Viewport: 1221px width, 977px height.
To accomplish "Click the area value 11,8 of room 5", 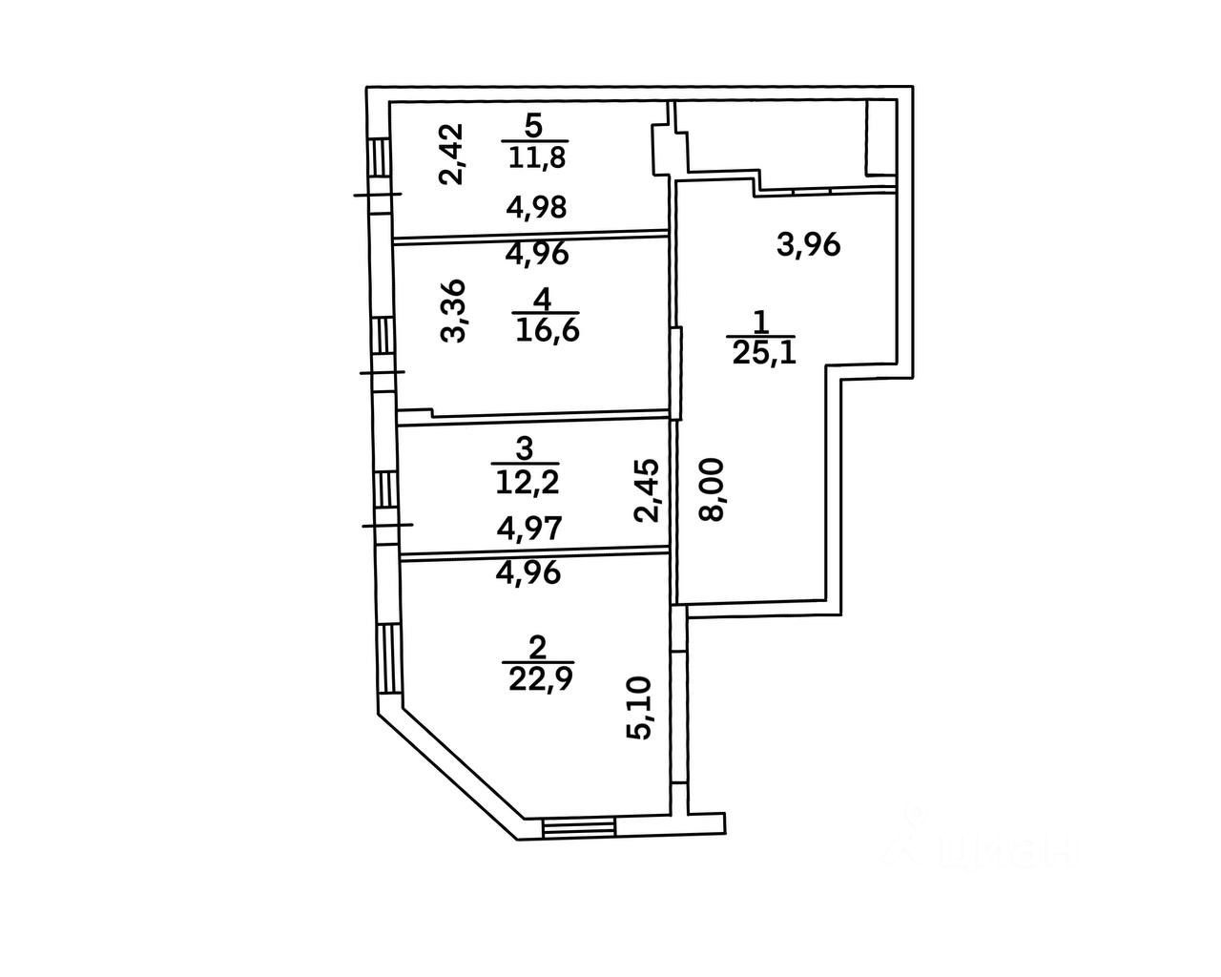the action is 536,157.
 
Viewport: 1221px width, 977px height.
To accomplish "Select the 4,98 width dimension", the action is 537,207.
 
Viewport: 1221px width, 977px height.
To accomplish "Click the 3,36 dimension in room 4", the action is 454,310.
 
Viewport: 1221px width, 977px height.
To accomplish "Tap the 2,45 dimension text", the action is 648,490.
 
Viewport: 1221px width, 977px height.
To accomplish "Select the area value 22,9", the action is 540,678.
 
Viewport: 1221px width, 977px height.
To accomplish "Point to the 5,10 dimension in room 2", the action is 639,707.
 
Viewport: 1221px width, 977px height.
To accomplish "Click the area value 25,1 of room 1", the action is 763,353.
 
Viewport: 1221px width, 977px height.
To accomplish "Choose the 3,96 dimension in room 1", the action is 808,246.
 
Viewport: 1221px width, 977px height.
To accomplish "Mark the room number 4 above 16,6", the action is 542,299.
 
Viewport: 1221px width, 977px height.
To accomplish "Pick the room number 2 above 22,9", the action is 537,649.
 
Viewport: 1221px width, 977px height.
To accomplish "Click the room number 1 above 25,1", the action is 760,321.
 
